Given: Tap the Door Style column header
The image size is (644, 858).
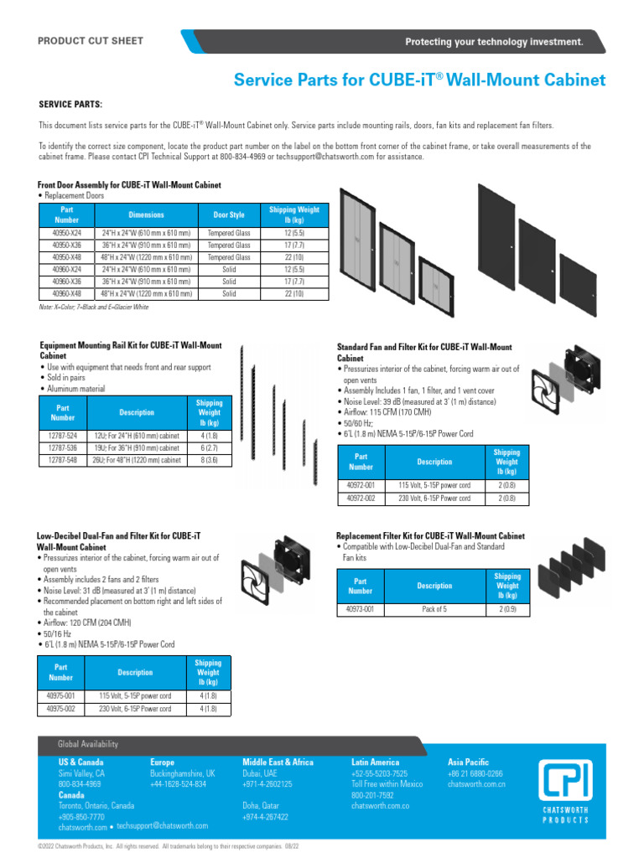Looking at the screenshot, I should point(229,214).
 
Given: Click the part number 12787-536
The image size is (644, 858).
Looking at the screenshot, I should point(63,448).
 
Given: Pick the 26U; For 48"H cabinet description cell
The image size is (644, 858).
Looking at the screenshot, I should point(137,460).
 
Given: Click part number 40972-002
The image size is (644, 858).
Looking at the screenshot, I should point(361,498).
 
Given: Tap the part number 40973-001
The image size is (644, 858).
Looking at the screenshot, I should point(361,610).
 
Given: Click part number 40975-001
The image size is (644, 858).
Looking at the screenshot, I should point(61,696).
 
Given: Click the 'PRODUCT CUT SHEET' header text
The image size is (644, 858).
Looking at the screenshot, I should point(91,41).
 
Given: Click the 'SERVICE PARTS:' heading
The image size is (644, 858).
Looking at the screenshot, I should point(70,105).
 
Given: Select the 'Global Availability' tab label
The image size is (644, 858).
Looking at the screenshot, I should point(88,744).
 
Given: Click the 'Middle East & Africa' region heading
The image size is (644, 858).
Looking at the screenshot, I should point(278,762).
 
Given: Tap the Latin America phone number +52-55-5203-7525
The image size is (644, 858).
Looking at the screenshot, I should point(379,773).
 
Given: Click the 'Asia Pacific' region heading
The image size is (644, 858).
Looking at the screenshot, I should point(468,762).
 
